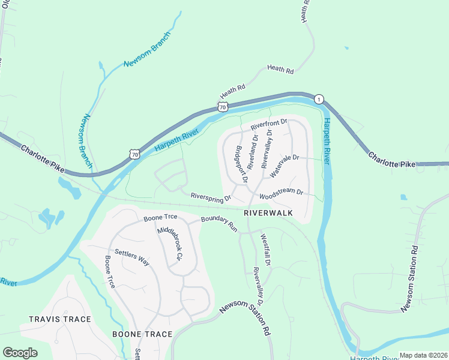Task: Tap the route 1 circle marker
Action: [319, 99]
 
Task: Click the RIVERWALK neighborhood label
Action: [267, 213]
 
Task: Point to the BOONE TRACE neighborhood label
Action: [142, 334]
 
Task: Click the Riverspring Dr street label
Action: [211, 197]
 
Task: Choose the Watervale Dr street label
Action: [284, 166]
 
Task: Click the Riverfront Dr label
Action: [270, 125]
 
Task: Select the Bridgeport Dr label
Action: [241, 164]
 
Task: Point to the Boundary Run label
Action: [220, 224]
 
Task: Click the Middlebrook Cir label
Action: [169, 244]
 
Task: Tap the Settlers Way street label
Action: [131, 257]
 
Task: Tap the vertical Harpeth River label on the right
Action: [327, 141]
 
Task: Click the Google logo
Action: [20, 353]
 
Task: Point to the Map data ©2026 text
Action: [423, 355]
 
